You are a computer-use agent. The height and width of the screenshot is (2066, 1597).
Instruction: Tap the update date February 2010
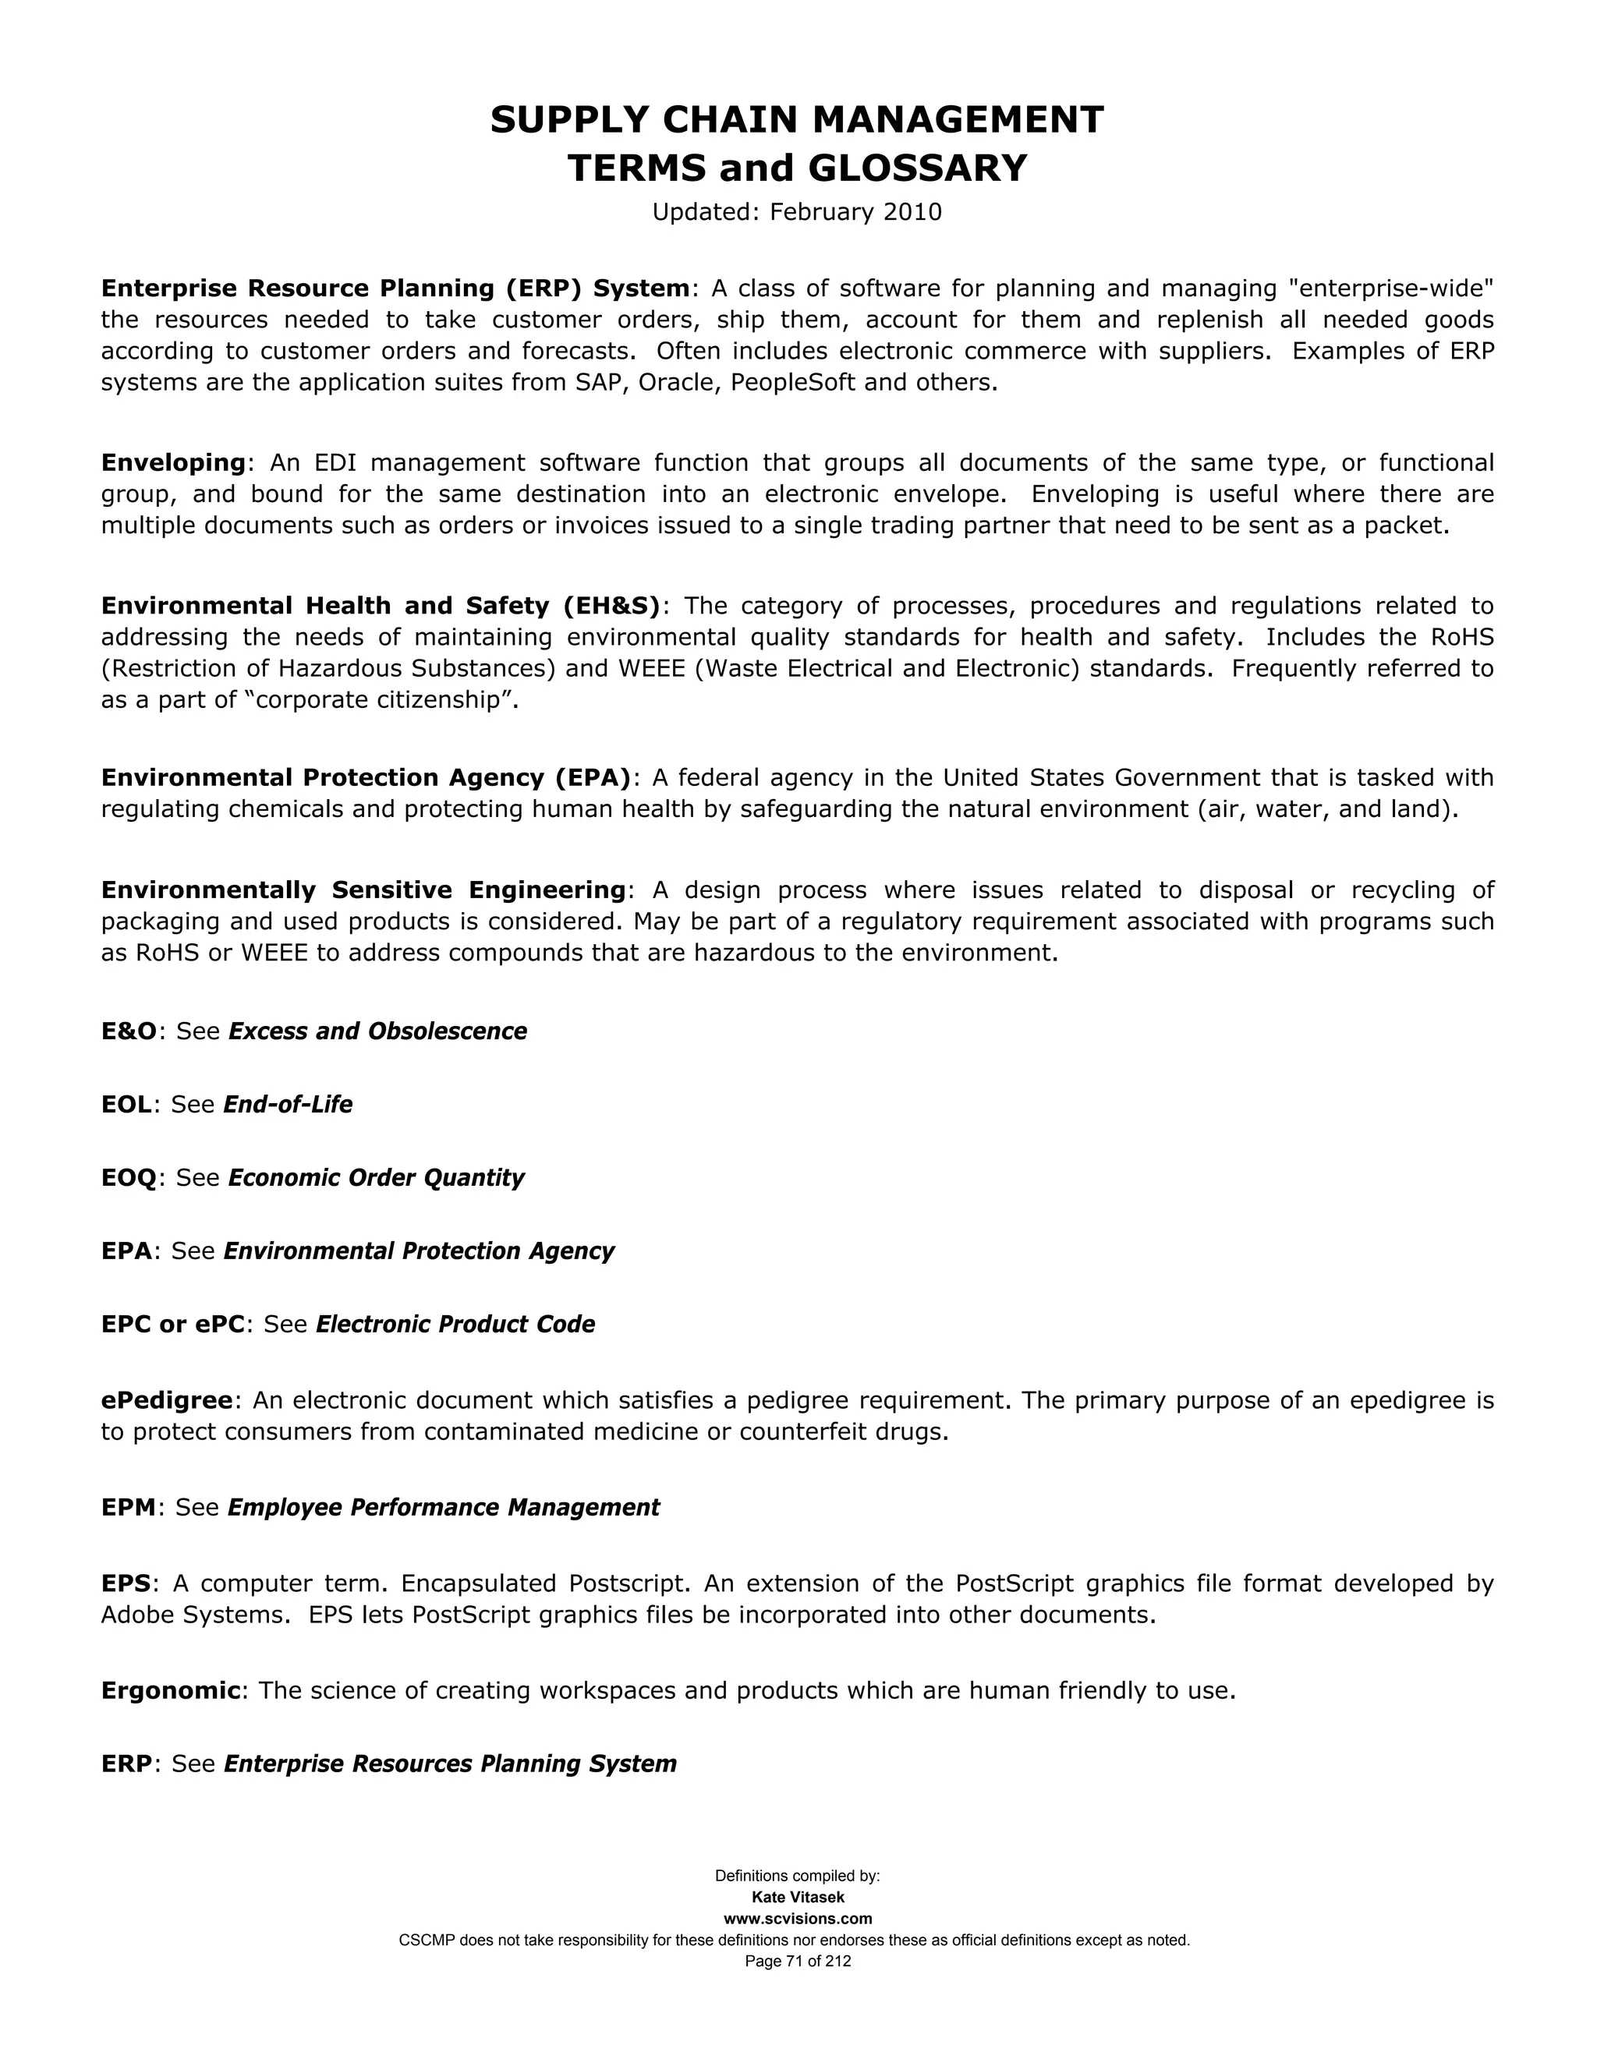pyautogui.click(x=855, y=211)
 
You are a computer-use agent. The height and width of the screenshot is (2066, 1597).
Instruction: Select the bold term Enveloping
pyautogui.click(x=173, y=462)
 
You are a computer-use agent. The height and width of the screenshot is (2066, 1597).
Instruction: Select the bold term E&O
pyautogui.click(x=129, y=1031)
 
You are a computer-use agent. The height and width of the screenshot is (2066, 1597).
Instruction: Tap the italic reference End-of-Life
pyautogui.click(x=288, y=1104)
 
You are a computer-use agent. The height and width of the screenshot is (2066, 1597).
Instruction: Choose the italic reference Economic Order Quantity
pyautogui.click(x=376, y=1178)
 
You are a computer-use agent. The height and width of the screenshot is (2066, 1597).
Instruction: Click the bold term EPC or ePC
pyautogui.click(x=173, y=1325)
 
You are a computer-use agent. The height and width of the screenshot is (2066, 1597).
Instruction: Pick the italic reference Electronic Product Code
pyautogui.click(x=455, y=1325)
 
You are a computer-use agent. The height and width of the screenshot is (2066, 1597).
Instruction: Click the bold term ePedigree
pyautogui.click(x=167, y=1400)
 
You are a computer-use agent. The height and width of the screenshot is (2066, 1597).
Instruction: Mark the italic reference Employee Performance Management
pyautogui.click(x=443, y=1507)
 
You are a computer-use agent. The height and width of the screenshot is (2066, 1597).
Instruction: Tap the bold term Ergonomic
pyautogui.click(x=170, y=1690)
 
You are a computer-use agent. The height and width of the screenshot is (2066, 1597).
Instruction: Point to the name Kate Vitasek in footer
pyautogui.click(x=798, y=1898)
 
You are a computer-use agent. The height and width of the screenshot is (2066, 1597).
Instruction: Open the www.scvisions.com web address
pyautogui.click(x=798, y=1919)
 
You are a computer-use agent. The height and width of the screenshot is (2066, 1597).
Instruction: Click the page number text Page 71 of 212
pyautogui.click(x=798, y=1961)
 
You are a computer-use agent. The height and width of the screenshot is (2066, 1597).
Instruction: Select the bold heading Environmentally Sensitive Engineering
pyautogui.click(x=363, y=890)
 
